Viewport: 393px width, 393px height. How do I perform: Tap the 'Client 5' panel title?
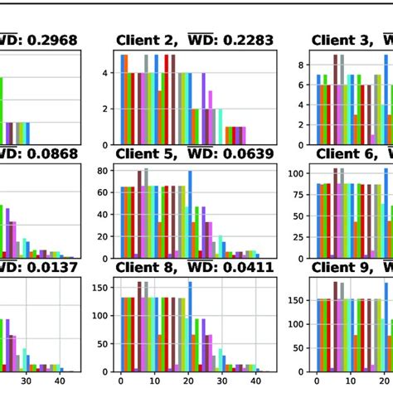pos(143,153)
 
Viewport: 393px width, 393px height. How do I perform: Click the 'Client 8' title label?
pos(143,267)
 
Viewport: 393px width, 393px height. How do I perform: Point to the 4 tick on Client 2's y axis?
pos(105,73)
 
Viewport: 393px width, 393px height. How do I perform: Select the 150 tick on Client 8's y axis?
pos(100,289)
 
